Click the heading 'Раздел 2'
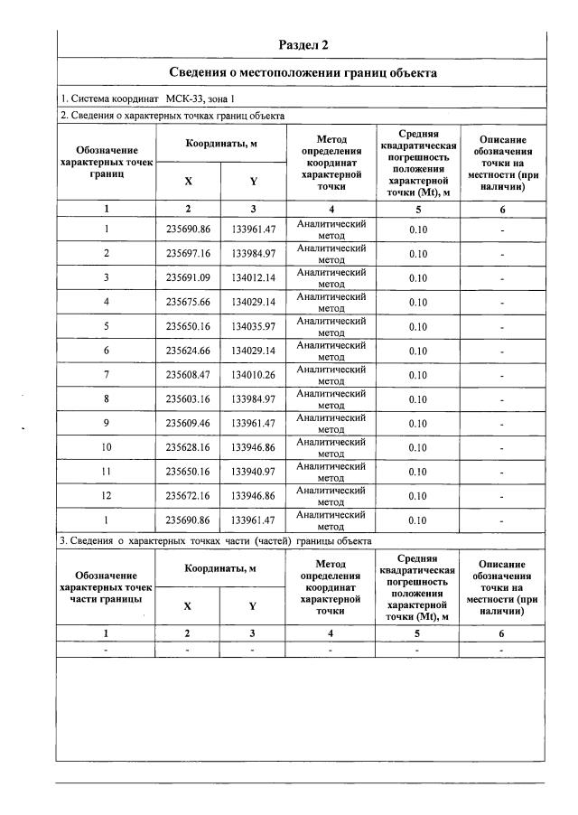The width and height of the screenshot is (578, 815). (303, 44)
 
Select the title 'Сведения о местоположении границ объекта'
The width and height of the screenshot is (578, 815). (303, 72)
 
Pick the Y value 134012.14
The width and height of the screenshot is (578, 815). (254, 278)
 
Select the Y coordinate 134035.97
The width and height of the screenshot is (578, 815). (254, 326)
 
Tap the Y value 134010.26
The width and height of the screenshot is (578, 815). (254, 375)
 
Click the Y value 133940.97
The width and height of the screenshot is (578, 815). (254, 472)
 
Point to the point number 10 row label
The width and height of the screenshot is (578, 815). (107, 447)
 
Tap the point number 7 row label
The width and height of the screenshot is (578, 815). (107, 375)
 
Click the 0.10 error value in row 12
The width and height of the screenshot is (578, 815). (417, 496)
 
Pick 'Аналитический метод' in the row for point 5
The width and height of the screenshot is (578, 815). (331, 326)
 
